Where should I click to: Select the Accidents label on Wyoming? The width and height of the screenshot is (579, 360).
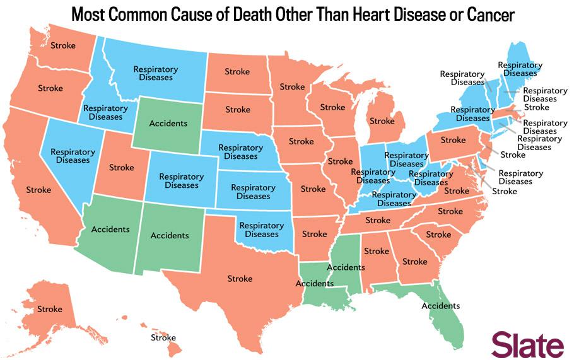[x=168, y=123]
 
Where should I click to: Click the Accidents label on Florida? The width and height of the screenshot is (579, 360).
[x=440, y=306]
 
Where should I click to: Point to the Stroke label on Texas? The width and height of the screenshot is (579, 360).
[x=239, y=278]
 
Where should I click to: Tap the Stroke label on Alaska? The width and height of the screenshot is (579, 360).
[x=49, y=309]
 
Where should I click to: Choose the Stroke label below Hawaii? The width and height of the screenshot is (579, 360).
[x=163, y=338]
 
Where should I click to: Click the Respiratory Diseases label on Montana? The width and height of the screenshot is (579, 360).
[x=153, y=73]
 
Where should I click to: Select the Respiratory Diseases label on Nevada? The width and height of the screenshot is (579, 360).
[x=73, y=156]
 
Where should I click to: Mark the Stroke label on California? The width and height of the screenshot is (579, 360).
[x=38, y=189]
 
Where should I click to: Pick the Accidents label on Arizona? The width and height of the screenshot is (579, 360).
[x=110, y=229]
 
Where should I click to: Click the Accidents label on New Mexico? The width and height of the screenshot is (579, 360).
[x=170, y=235]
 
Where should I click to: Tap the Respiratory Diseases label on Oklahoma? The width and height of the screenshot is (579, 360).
[x=262, y=229]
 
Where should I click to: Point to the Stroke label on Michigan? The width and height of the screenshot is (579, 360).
[x=382, y=121]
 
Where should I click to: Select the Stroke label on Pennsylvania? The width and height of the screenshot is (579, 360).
[x=453, y=140]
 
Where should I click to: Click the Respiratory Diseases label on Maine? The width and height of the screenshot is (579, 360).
[x=520, y=69]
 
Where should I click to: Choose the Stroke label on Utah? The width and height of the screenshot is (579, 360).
[x=121, y=168]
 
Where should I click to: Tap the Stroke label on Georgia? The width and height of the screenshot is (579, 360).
[x=414, y=261]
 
